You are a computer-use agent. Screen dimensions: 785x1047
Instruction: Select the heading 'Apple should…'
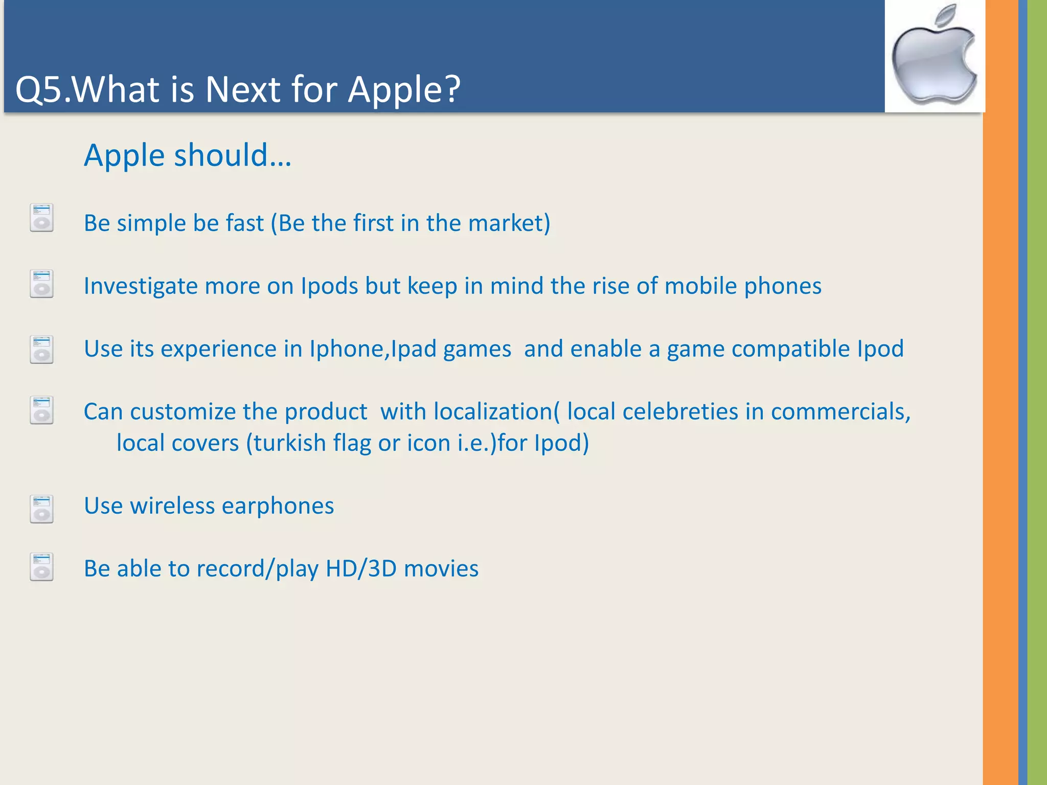[187, 155]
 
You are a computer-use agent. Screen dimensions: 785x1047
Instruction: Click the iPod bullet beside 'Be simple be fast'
[41, 218]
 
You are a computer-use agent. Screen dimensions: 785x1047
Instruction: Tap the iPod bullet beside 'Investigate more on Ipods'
[41, 284]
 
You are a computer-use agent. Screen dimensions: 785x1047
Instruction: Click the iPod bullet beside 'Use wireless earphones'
[41, 509]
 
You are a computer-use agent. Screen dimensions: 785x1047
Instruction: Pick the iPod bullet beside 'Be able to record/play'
[41, 567]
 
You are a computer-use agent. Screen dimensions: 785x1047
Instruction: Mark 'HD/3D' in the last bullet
[361, 569]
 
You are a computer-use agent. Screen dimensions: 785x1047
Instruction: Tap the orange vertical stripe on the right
[1000, 392]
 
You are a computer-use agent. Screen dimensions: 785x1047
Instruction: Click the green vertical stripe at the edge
[1037, 392]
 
